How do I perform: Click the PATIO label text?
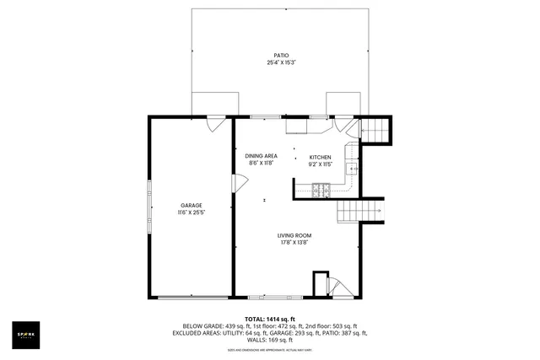click(269, 55)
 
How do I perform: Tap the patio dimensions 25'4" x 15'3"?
click(269, 62)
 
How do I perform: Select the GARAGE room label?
click(191, 205)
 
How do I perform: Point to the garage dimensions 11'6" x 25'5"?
click(191, 212)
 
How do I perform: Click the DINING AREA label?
click(261, 156)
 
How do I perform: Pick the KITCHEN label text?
click(320, 157)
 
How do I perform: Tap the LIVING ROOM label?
click(294, 235)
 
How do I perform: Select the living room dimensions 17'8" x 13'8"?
click(294, 243)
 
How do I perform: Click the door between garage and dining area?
click(239, 182)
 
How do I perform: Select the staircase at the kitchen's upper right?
click(376, 130)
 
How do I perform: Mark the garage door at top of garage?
click(217, 123)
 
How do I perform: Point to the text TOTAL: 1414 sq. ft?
click(269, 318)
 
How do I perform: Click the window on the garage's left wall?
click(150, 207)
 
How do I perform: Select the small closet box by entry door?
click(321, 283)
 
